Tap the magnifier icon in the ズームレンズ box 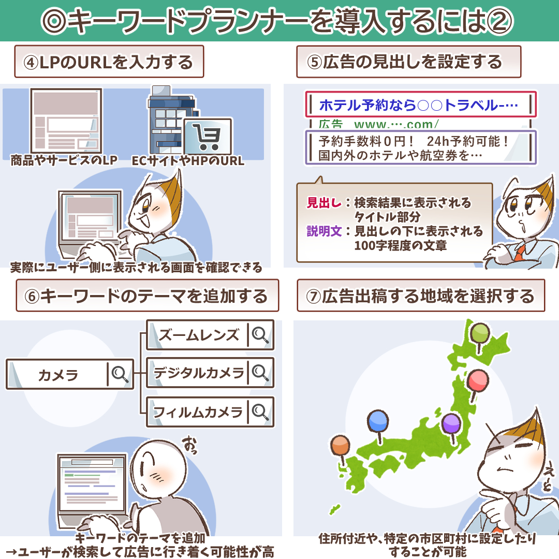point(260,335)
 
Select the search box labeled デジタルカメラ point(210,373)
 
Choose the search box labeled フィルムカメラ point(210,412)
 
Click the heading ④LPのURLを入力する point(109,62)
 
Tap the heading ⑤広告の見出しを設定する point(408,62)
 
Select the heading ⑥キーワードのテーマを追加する point(147,296)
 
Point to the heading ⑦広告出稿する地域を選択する point(421,296)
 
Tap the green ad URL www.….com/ point(396,124)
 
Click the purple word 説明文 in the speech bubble point(324,231)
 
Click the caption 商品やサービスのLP point(64,160)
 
